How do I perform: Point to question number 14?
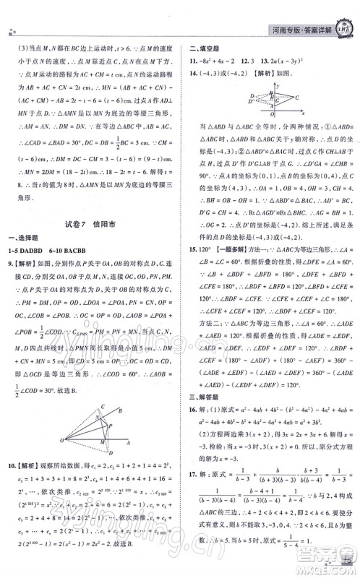coord(195,82)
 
